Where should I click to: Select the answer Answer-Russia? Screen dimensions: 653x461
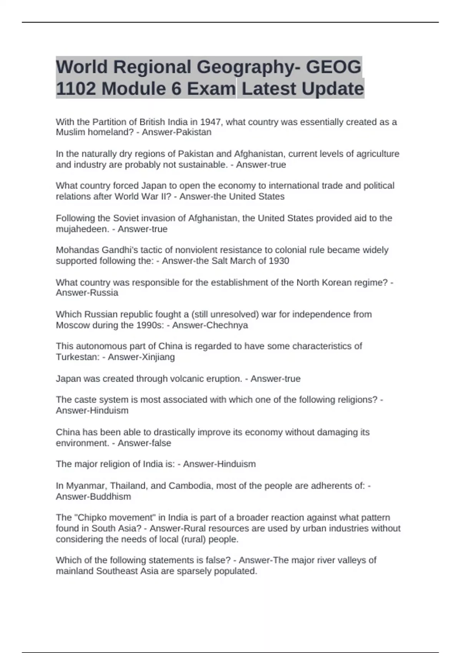tap(87, 293)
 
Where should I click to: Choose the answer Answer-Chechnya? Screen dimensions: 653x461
tap(210, 325)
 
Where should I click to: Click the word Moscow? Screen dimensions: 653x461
tap(71, 325)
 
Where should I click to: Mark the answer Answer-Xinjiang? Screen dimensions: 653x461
tap(141, 357)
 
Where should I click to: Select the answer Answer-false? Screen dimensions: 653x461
tap(144, 443)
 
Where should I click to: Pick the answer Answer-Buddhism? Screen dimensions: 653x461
tap(93, 496)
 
